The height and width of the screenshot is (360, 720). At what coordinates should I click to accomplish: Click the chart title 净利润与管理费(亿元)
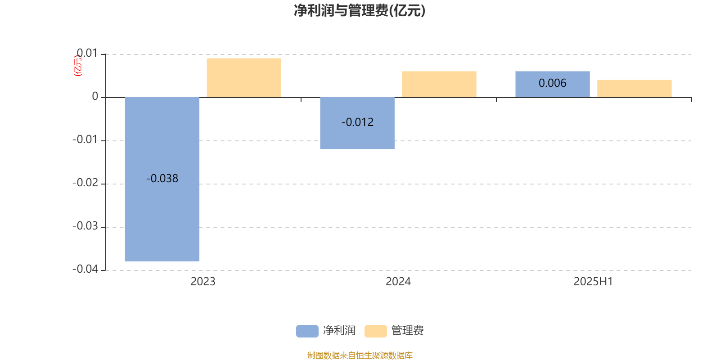coord(360,11)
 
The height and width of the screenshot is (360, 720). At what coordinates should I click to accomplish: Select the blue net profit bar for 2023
coord(162,180)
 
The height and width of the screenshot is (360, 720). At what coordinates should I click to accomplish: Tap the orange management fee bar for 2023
coord(244,78)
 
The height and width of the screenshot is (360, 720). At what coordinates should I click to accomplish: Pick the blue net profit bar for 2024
coord(357,123)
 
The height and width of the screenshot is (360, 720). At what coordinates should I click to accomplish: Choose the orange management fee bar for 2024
coord(439,84)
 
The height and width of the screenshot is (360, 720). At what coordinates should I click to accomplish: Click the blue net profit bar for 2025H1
coord(553,84)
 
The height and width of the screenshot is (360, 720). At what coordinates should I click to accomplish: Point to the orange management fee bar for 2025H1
coord(634,89)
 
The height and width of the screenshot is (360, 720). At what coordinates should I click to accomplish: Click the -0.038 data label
coord(162,178)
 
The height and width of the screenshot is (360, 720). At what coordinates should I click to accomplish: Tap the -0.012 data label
coord(357,122)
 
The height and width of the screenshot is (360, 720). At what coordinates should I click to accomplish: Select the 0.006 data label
coord(553,83)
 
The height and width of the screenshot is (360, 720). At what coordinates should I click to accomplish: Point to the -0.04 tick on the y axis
coord(85,269)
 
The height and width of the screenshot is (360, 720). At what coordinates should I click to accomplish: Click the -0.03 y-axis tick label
coord(85,226)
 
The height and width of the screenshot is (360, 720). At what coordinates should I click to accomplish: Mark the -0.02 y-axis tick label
coord(85,183)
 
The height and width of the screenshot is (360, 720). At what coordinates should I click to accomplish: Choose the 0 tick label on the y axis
coord(95,96)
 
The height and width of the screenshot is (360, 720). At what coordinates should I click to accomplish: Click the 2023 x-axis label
coord(203,282)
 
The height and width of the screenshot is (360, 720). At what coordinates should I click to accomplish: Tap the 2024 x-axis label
coord(398,282)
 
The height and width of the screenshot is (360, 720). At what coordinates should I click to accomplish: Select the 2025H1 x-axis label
coord(594,282)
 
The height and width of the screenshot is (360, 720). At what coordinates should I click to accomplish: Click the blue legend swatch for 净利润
coord(307,331)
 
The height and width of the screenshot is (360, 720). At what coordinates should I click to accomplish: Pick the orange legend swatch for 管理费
coord(375,331)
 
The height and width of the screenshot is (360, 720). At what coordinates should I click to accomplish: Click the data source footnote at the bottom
coord(360,355)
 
